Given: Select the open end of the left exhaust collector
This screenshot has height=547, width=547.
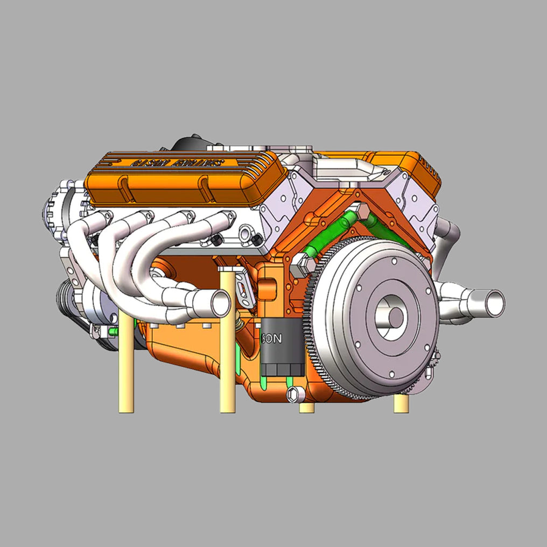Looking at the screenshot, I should [221, 303].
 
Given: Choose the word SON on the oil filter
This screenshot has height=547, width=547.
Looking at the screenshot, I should [273, 339].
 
